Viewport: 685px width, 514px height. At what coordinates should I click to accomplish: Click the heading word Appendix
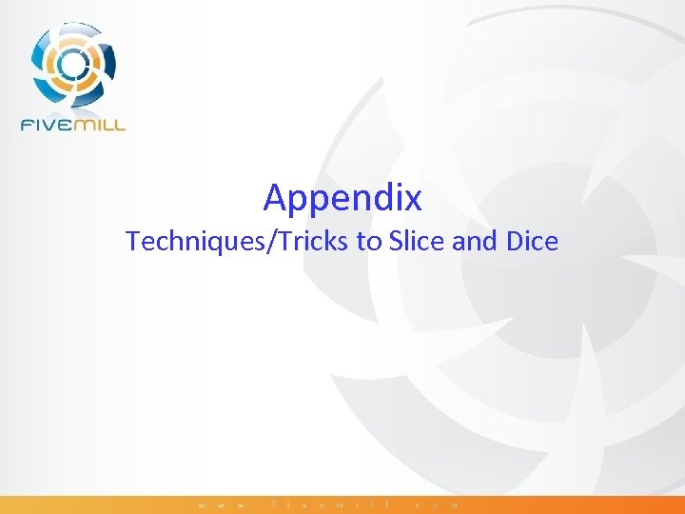[x=342, y=198]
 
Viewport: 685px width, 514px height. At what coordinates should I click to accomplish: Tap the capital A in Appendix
[x=275, y=197]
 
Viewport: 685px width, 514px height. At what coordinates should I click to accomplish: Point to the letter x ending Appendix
[x=413, y=198]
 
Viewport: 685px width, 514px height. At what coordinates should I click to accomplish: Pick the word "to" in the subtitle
[x=368, y=242]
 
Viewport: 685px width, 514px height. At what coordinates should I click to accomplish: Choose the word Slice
[x=417, y=242]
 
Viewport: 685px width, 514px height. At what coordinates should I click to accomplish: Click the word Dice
[x=532, y=242]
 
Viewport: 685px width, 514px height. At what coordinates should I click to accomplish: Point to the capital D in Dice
[x=514, y=242]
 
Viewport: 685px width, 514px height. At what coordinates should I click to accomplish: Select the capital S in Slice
[x=395, y=242]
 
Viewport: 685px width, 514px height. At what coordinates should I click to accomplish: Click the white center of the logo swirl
[x=72, y=63]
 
